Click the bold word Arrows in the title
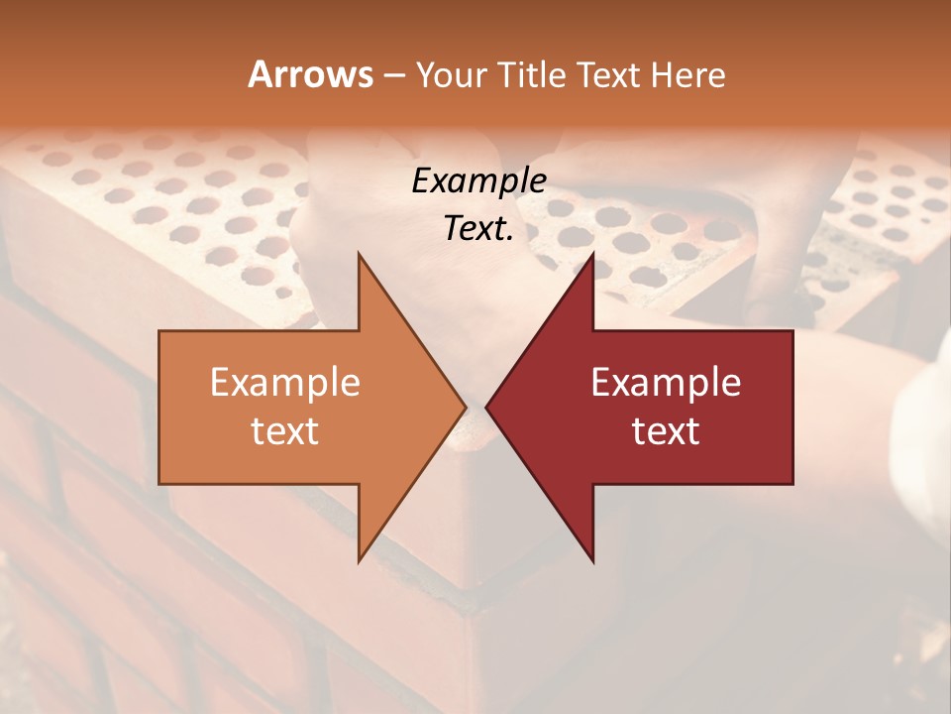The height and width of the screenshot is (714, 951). pyautogui.click(x=311, y=74)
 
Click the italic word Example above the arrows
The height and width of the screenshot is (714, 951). pyautogui.click(x=478, y=180)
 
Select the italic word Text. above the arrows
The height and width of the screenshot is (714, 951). pyautogui.click(x=478, y=228)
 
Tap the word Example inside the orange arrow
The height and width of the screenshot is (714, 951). pyautogui.click(x=285, y=383)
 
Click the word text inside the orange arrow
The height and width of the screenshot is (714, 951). pyautogui.click(x=285, y=430)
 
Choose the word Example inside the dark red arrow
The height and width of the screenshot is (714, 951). pyautogui.click(x=666, y=383)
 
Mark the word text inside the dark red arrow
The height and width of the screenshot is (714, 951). pyautogui.click(x=666, y=430)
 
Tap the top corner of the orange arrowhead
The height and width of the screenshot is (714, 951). pyautogui.click(x=359, y=255)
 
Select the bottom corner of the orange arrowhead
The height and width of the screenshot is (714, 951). pyautogui.click(x=359, y=560)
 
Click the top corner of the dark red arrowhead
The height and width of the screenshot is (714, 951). pyautogui.click(x=592, y=255)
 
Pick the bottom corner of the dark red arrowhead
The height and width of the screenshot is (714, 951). pyautogui.click(x=592, y=560)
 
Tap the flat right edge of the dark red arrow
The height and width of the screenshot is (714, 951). pyautogui.click(x=792, y=408)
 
